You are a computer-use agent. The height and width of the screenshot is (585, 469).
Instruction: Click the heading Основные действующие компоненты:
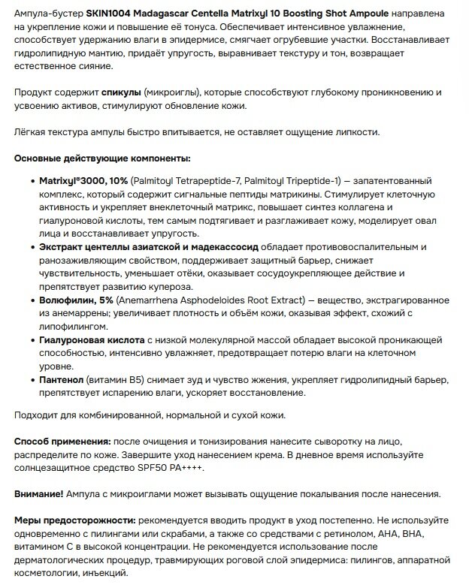tap(102, 158)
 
